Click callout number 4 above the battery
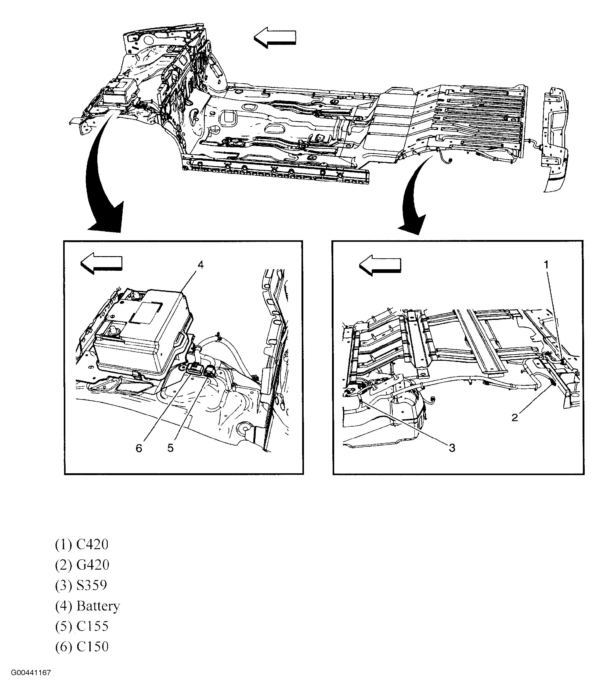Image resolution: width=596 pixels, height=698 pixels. point(200,265)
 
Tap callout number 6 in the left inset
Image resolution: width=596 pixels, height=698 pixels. point(139,448)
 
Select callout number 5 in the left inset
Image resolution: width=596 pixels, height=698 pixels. point(170,448)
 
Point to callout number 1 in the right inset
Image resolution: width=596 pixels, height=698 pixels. point(546,265)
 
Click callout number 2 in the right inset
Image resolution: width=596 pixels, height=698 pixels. point(515,418)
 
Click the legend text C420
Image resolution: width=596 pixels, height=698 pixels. point(92,545)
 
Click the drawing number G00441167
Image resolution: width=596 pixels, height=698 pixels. point(31,682)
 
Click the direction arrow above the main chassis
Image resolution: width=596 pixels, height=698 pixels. point(275,38)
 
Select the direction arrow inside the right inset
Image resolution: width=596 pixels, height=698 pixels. point(380,265)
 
